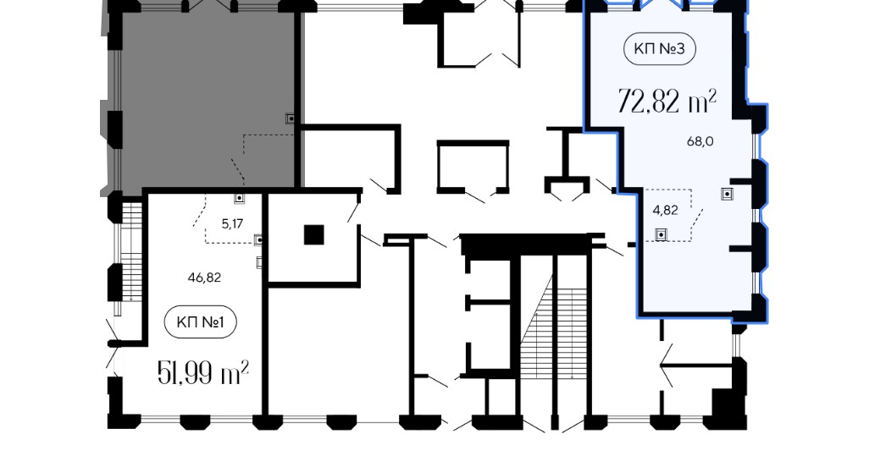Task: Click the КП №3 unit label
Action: (659, 48)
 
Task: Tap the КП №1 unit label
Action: (200, 322)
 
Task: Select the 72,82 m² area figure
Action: (667, 101)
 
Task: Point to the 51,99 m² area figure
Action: (202, 373)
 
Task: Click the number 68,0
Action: (700, 142)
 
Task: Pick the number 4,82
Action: (665, 210)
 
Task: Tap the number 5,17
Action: (232, 223)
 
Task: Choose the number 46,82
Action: (204, 277)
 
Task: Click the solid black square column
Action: (313, 234)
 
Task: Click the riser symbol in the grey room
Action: (291, 118)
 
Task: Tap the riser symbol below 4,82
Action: (660, 233)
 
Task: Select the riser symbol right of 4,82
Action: (727, 194)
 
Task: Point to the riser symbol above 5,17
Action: (240, 198)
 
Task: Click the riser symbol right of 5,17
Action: (259, 240)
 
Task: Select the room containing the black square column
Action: (313, 238)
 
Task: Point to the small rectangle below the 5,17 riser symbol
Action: (260, 262)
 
